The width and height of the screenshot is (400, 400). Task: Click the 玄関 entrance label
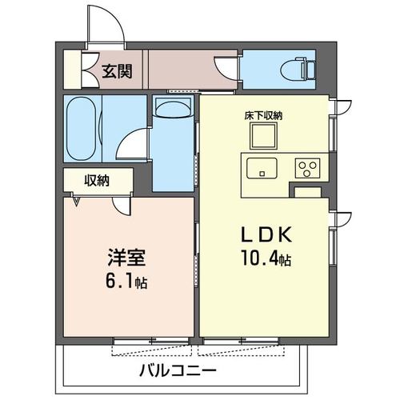pos(117,71)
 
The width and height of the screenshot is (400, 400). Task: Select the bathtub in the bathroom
pos(82,127)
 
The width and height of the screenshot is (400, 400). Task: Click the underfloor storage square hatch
pos(262,137)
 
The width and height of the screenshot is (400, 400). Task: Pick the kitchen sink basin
pos(262,168)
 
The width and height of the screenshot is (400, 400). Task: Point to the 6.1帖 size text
pos(126,282)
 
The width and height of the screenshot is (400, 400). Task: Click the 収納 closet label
pos(97,180)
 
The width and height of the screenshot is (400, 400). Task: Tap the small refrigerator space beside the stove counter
pos(307,191)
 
